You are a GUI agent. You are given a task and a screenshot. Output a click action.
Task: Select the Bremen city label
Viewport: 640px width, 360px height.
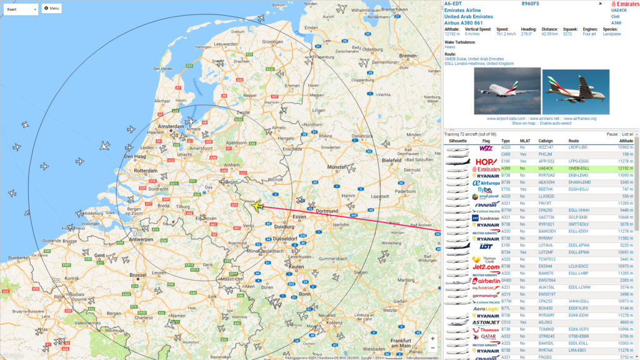pyautogui.click(x=408, y=56)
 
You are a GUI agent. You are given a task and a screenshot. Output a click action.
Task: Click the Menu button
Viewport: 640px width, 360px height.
pyautogui.click(x=51, y=9)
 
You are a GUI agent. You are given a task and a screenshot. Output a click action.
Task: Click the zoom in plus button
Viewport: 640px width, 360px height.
pyautogui.click(x=432, y=338)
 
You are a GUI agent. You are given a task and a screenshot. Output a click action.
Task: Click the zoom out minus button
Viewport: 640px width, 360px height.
pyautogui.click(x=432, y=348)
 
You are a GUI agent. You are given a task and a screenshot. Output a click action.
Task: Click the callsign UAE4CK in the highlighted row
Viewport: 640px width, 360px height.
pyautogui.click(x=546, y=169)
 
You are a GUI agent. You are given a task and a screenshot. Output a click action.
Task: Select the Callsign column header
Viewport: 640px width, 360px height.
pyautogui.click(x=545, y=141)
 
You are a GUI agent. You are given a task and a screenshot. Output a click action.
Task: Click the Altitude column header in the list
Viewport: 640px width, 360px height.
pyautogui.click(x=626, y=141)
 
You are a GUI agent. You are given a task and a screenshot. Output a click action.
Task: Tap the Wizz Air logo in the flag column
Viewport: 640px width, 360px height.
pyautogui.click(x=486, y=148)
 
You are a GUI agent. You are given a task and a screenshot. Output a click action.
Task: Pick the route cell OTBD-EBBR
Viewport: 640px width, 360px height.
pyautogui.click(x=578, y=336)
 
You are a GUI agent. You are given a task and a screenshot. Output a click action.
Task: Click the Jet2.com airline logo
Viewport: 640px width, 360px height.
pyautogui.click(x=486, y=267)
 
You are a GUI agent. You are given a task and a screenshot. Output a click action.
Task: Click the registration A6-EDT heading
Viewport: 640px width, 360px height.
pyautogui.click(x=452, y=4)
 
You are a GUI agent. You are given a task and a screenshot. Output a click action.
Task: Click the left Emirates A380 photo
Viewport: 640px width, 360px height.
pyautogui.click(x=507, y=91)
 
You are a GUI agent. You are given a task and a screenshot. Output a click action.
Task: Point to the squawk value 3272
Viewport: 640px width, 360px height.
pyautogui.click(x=567, y=34)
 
